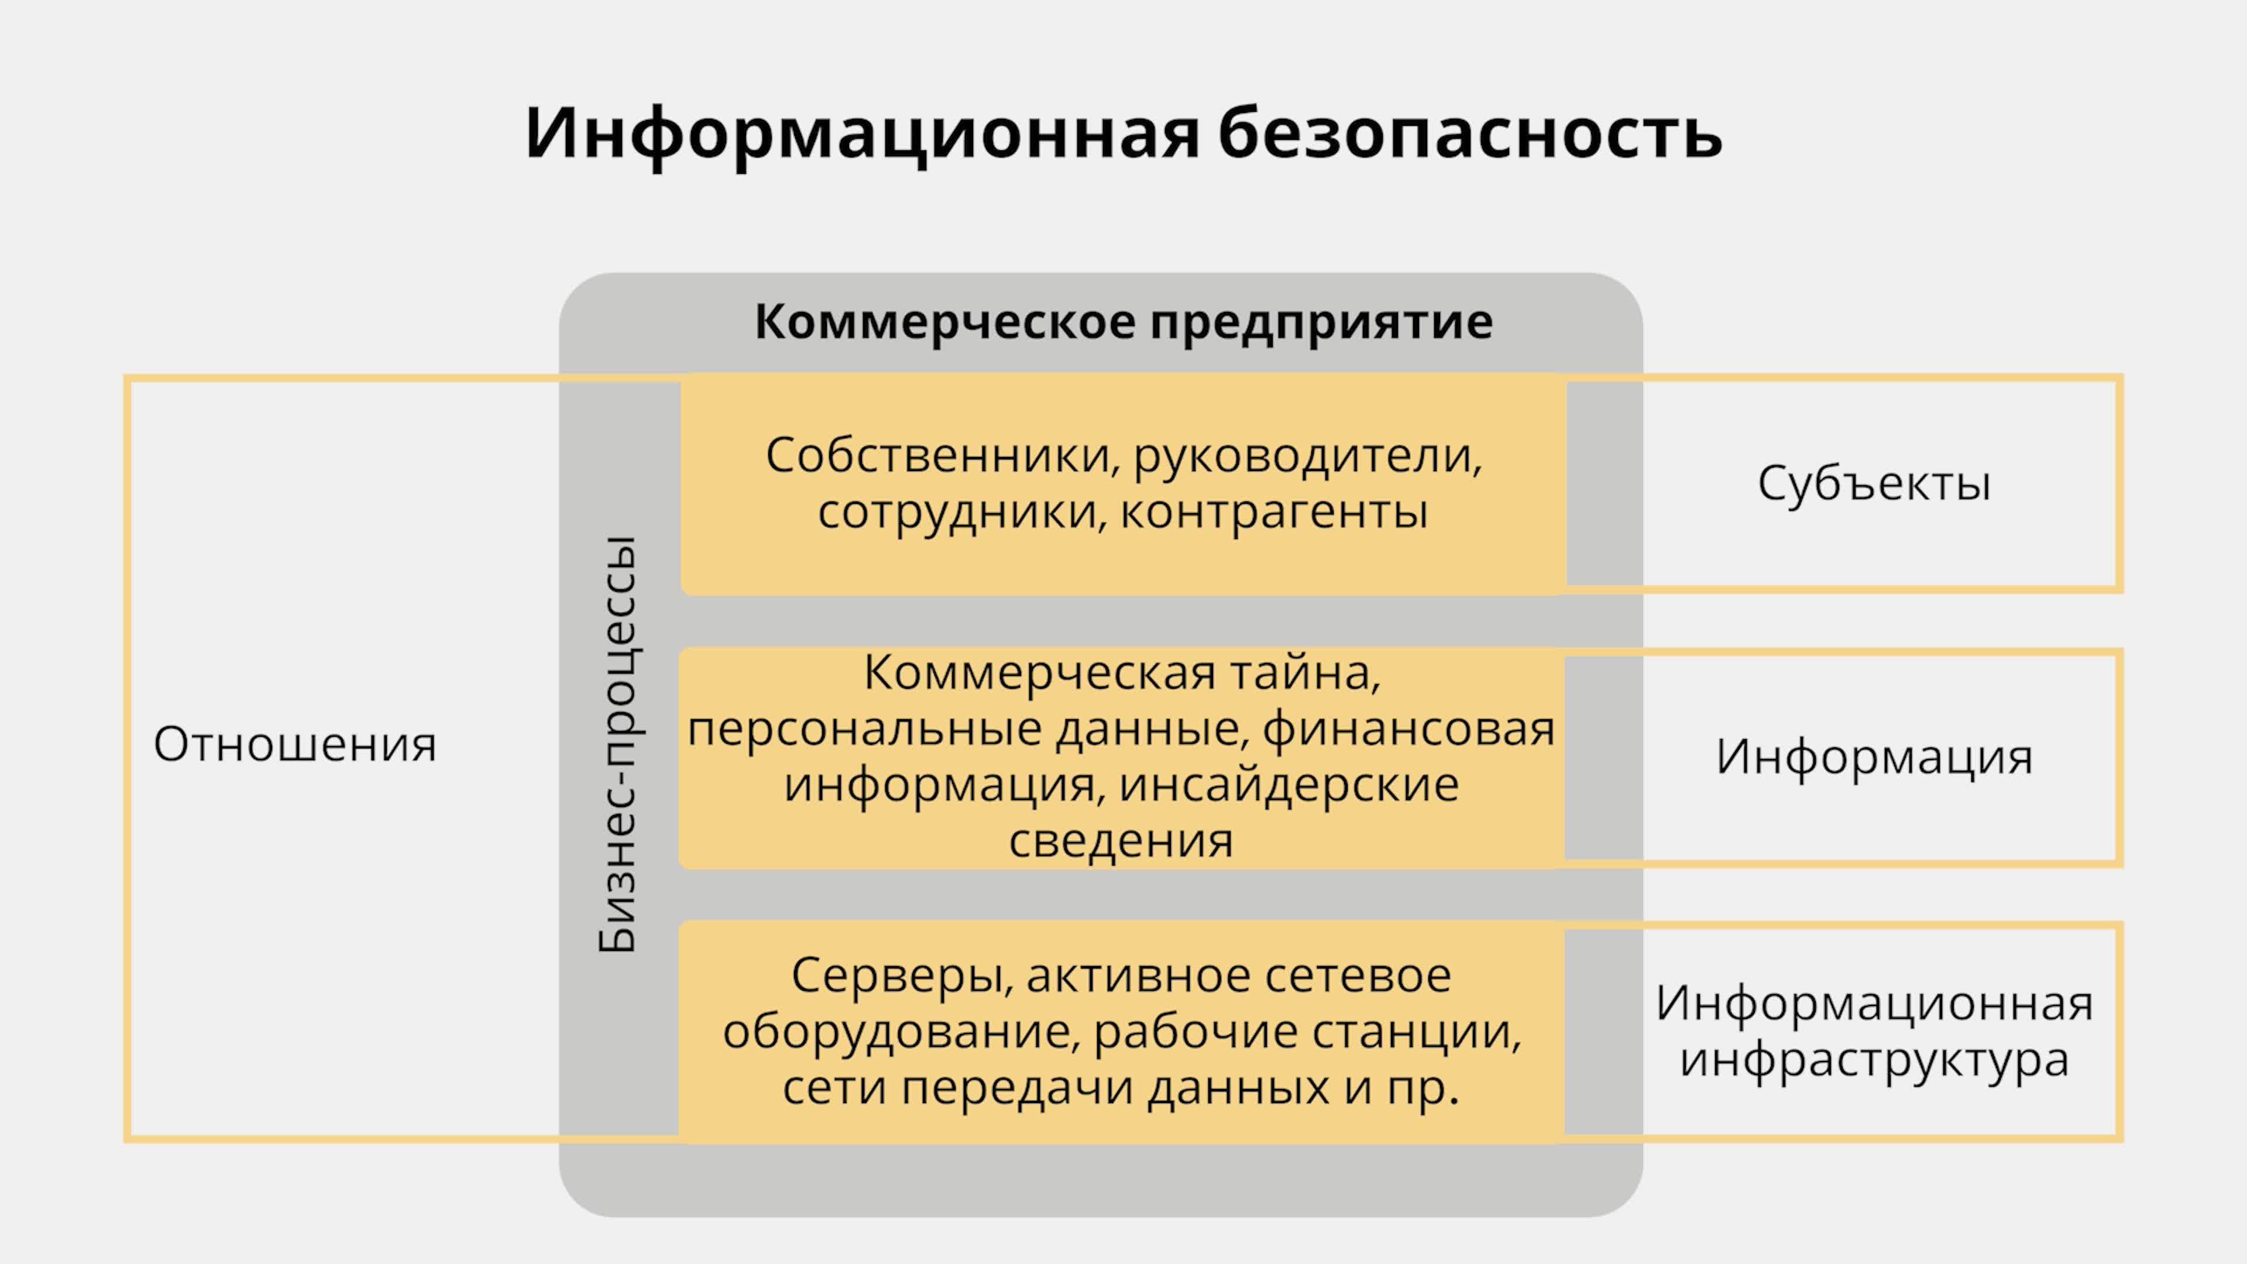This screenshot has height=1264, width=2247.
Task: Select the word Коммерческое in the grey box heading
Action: click(x=944, y=322)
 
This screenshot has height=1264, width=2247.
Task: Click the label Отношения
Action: click(x=295, y=745)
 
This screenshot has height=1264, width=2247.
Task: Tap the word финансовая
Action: click(x=1408, y=729)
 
